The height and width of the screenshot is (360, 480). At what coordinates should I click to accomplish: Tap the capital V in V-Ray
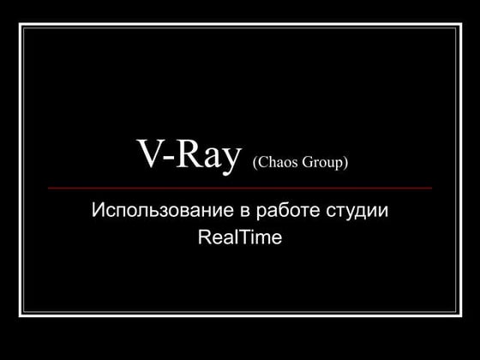tap(149, 155)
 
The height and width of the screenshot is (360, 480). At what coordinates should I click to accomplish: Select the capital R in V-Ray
tap(189, 155)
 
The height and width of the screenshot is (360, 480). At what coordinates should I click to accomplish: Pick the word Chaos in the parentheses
tap(276, 162)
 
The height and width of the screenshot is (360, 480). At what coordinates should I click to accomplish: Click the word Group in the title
tap(323, 162)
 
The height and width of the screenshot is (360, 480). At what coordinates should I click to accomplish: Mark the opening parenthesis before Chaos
tap(255, 162)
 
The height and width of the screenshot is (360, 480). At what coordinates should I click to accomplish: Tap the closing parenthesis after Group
tap(345, 162)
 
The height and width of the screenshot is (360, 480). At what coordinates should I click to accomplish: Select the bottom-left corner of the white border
tap(21, 314)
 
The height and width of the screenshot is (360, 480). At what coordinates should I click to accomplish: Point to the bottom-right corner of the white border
tap(459, 314)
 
